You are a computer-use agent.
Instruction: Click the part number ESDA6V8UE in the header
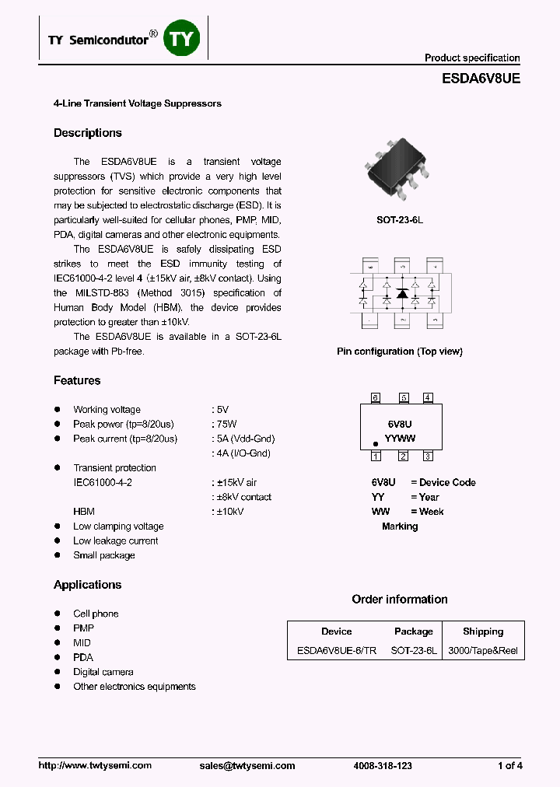pos(481,79)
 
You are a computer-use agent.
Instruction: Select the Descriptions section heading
pos(87,133)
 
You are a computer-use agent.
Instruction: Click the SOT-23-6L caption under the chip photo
pos(399,220)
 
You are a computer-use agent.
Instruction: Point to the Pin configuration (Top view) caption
pos(399,352)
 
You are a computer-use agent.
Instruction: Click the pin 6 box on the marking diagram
pos(375,398)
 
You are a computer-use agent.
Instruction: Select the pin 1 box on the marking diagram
pos(375,456)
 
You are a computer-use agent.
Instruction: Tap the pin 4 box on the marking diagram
pos(428,398)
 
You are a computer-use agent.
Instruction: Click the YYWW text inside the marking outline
pos(400,439)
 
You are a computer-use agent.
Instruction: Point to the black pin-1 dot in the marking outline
pos(375,443)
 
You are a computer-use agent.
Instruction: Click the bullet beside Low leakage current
pos(57,541)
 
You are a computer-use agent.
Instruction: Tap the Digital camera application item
pos(103,672)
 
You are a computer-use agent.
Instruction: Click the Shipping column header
pos(483,631)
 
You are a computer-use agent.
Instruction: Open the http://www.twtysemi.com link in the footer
pos(95,766)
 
